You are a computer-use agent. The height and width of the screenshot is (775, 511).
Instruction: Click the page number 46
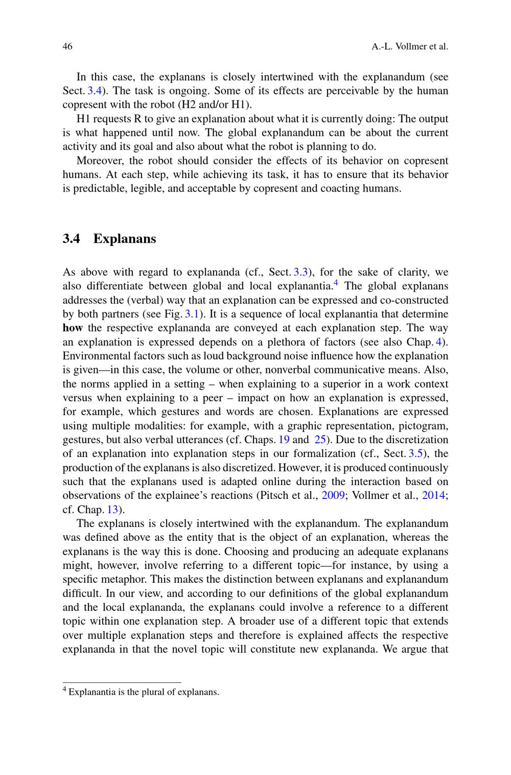tap(67, 47)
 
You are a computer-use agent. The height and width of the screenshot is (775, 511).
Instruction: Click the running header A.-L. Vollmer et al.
tap(409, 47)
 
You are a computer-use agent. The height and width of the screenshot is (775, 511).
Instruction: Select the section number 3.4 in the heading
tap(71, 239)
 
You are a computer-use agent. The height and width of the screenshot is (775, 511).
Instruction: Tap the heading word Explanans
tap(124, 239)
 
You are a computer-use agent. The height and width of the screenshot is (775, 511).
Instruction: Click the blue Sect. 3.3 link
tap(300, 272)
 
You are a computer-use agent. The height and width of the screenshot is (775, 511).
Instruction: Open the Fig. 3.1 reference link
tap(193, 314)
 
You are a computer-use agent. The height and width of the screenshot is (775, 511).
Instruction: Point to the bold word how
tap(73, 328)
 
